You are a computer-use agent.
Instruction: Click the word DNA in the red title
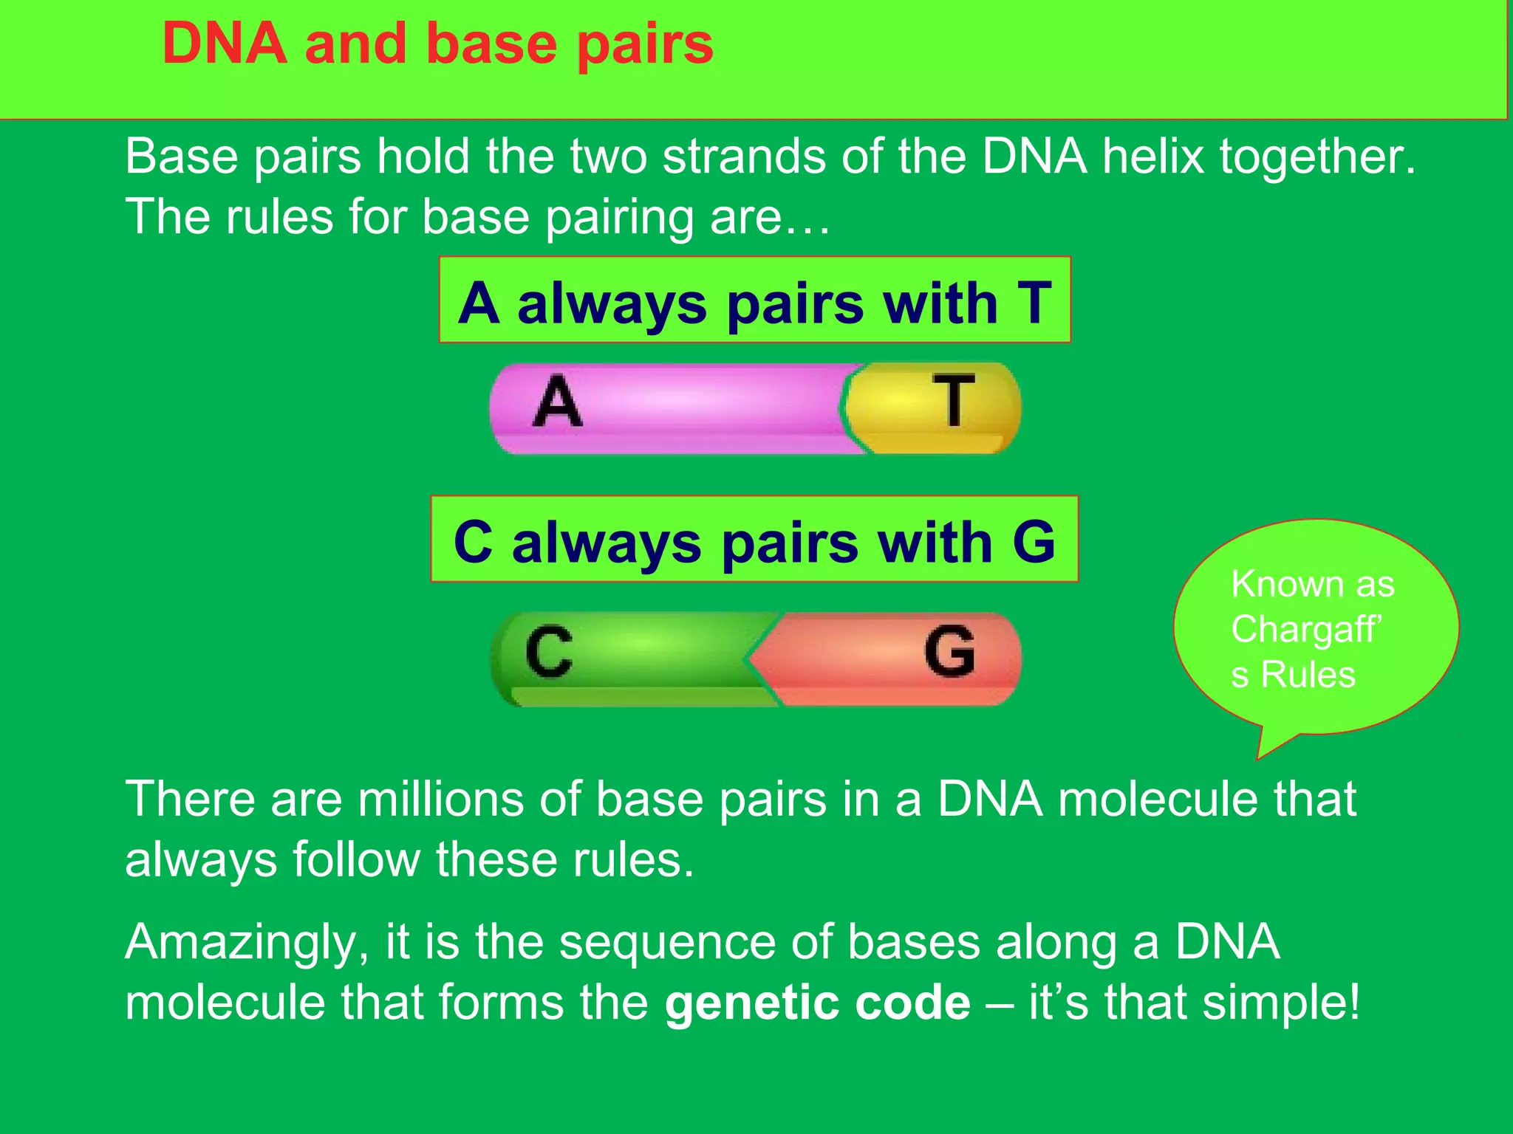click(x=225, y=44)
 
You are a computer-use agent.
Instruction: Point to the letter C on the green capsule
click(x=549, y=651)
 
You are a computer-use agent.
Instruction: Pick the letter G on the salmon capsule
click(x=949, y=650)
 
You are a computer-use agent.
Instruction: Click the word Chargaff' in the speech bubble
click(x=1305, y=629)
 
